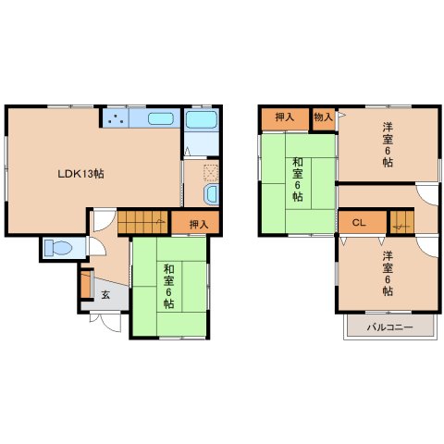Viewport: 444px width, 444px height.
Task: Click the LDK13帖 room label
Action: (x=81, y=174)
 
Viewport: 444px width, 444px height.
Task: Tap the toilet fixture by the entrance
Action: (x=58, y=248)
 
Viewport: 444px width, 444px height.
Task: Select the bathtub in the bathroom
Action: (x=202, y=119)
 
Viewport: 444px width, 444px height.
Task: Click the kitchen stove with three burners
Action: (x=116, y=117)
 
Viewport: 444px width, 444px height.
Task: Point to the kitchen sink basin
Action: (x=161, y=118)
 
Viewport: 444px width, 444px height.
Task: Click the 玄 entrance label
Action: (x=105, y=295)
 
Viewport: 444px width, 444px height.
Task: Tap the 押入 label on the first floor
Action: (x=199, y=225)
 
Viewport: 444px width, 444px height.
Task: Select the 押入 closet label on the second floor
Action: (x=284, y=117)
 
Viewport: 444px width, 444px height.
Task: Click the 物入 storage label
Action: (x=323, y=117)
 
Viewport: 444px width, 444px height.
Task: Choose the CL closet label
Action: (x=359, y=223)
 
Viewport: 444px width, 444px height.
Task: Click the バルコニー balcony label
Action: (x=389, y=327)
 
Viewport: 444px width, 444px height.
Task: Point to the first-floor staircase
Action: (x=142, y=222)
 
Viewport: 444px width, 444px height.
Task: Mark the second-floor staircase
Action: (x=402, y=221)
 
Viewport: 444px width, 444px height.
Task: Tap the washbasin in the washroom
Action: (x=211, y=194)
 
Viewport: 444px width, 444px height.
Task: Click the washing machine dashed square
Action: (x=211, y=173)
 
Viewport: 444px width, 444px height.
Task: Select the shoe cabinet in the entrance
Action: (x=86, y=284)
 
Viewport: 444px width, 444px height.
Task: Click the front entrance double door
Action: (x=105, y=323)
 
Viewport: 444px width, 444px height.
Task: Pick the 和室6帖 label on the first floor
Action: (x=168, y=287)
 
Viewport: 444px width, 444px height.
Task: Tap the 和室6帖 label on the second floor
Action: (x=298, y=179)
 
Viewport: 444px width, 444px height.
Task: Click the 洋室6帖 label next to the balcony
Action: (x=388, y=274)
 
